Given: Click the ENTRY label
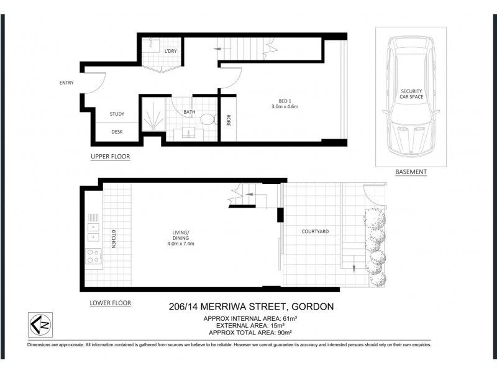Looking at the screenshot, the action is click(66, 83).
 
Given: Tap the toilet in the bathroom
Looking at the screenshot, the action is click(208, 119).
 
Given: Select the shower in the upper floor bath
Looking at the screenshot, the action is click(153, 114).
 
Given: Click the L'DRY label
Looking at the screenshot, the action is click(170, 51).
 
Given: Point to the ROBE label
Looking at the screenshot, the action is click(228, 121).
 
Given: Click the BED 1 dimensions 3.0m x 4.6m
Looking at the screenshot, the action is click(285, 106).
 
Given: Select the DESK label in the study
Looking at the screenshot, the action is click(117, 132).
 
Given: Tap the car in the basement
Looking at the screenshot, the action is click(411, 96).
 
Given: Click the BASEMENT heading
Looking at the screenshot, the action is click(411, 172).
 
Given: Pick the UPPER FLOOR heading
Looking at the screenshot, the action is click(111, 157).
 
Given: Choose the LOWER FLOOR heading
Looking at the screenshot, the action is click(111, 303).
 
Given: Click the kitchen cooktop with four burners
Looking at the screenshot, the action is click(94, 256).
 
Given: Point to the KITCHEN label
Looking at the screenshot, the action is click(114, 239).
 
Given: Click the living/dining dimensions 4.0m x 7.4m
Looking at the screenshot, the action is click(181, 244).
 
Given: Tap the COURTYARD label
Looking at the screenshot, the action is click(315, 231).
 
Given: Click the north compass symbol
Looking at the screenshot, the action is click(40, 325).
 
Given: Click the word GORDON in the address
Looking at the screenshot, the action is click(312, 306).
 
